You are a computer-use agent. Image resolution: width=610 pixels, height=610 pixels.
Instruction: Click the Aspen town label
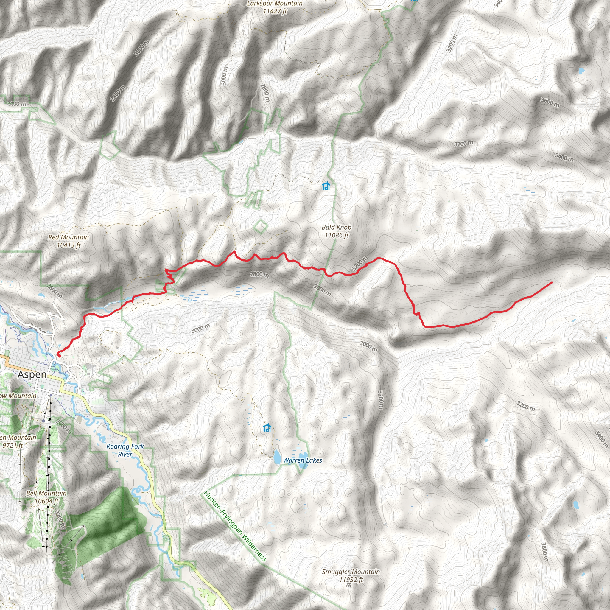click(32, 374)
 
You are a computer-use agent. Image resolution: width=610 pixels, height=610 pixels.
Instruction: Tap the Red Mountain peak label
click(69, 241)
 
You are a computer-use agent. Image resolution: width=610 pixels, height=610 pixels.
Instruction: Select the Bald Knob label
click(336, 231)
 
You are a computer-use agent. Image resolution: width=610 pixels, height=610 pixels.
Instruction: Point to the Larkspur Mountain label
click(274, 7)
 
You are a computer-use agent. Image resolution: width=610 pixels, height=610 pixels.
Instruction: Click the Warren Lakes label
click(303, 460)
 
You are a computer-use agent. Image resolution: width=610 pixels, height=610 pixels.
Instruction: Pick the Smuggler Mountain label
click(351, 575)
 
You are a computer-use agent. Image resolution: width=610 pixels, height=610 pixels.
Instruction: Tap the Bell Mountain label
click(46, 497)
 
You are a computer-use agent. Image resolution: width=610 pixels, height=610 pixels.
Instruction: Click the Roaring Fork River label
click(125, 450)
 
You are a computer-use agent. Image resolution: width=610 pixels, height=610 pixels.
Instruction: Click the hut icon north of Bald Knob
click(326, 186)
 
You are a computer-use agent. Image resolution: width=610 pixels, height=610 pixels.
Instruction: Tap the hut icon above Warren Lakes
click(267, 428)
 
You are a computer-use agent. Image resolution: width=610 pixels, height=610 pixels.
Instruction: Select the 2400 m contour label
click(16, 104)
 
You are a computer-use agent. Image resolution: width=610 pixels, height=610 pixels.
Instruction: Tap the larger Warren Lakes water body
click(277, 457)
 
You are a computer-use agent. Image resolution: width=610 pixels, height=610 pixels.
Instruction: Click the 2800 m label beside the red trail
click(259, 275)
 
